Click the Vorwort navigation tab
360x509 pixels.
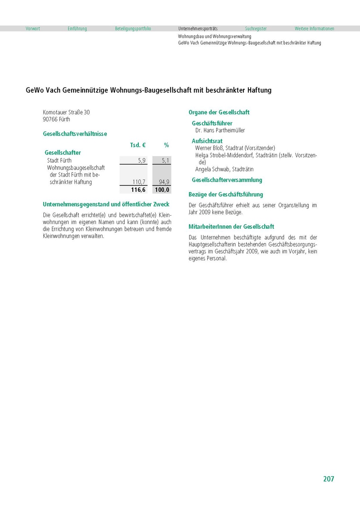coord(33,29)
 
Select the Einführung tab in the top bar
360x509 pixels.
coord(77,29)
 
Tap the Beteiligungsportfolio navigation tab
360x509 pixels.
coord(133,29)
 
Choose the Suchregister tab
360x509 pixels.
coord(256,29)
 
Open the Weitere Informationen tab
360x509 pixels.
coord(314,29)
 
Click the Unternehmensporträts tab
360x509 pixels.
coord(198,29)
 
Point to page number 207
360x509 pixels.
coord(329,479)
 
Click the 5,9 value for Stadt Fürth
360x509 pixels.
coord(142,161)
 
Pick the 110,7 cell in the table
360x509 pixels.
coord(139,182)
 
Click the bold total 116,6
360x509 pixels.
coord(138,190)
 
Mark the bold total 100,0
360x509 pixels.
coord(162,190)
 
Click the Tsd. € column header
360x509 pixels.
coord(138,145)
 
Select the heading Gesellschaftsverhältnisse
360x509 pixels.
coord(75,134)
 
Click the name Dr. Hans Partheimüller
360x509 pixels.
coord(220,131)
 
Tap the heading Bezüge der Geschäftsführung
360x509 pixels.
coord(226,195)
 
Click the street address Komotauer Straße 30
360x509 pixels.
coord(66,113)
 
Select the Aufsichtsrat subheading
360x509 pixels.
coord(207,141)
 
